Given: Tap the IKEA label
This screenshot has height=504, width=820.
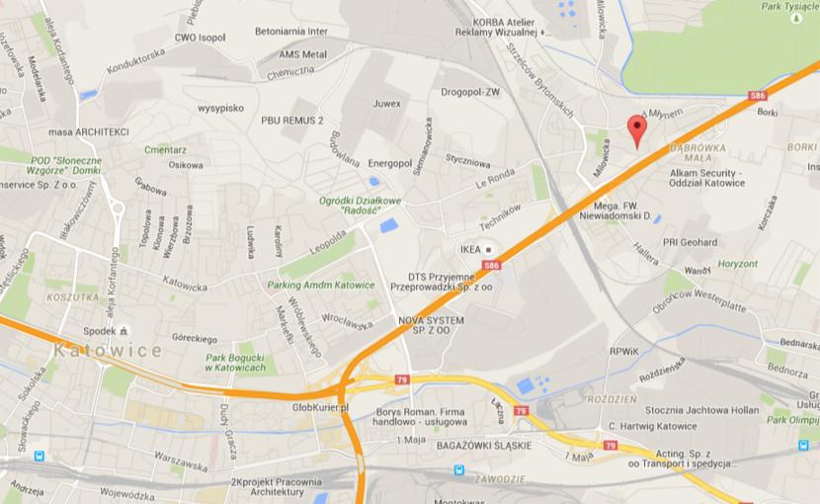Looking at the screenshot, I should pyautogui.click(x=470, y=249).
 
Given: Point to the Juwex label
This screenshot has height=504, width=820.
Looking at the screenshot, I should pyautogui.click(x=387, y=102).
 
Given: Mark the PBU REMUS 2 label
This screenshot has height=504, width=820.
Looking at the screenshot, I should pyautogui.click(x=292, y=120).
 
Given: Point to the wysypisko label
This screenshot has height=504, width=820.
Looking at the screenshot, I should pyautogui.click(x=220, y=108).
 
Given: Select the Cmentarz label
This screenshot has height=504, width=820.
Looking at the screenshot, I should pyautogui.click(x=165, y=149).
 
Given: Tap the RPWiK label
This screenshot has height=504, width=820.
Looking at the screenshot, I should pyautogui.click(x=624, y=351).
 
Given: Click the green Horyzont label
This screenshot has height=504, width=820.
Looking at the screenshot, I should pyautogui.click(x=738, y=264).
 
